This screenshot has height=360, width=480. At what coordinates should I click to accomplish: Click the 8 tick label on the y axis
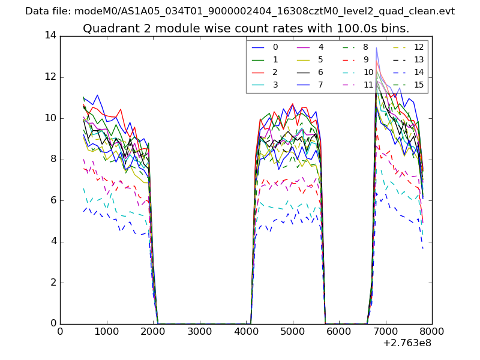[x=53, y=160]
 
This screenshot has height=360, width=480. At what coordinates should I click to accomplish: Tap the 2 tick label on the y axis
[x=53, y=283]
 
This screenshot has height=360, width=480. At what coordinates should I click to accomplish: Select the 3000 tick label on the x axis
[x=199, y=331]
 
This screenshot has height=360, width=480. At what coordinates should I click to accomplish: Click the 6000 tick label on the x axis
[x=339, y=331]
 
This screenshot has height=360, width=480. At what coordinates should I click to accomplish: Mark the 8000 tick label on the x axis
[x=432, y=331]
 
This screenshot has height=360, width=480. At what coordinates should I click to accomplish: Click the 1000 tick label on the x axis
[x=106, y=331]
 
